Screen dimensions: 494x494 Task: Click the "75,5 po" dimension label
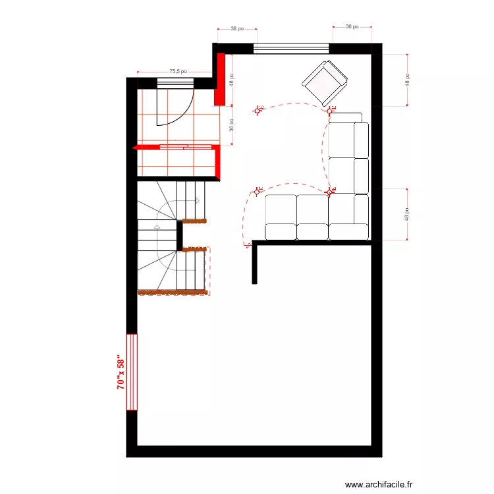(x=178, y=71)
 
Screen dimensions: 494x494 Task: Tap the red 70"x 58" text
(x=121, y=372)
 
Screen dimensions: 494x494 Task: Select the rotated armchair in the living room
(x=324, y=82)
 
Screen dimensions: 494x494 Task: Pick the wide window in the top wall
(x=291, y=48)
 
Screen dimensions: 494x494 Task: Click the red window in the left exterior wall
(x=132, y=372)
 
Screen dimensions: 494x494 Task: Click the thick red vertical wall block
(x=220, y=80)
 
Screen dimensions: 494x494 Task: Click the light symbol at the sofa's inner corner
(x=330, y=192)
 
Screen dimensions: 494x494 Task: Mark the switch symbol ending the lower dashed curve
(x=248, y=245)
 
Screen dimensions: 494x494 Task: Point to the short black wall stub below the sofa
(x=254, y=263)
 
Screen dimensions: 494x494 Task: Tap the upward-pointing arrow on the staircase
(x=157, y=227)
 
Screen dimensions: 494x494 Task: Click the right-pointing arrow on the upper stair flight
(x=196, y=200)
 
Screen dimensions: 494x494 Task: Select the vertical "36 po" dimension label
(x=232, y=124)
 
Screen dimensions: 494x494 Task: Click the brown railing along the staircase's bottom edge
(x=173, y=292)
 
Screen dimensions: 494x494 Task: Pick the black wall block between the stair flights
(x=179, y=236)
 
